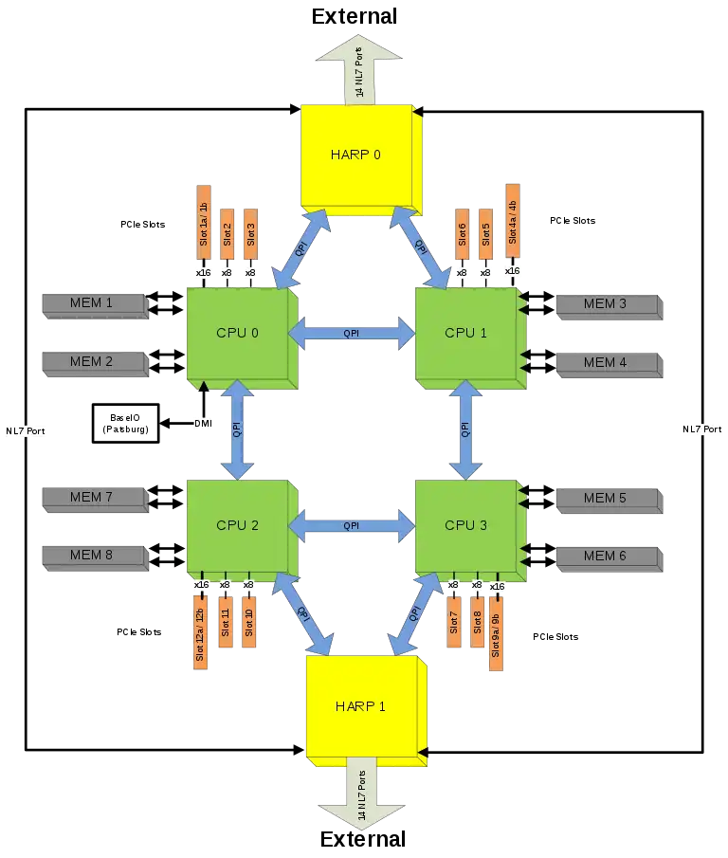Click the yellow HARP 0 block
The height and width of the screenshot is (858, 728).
357,155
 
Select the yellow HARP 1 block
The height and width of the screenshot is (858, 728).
361,707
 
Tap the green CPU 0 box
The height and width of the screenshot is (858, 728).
238,334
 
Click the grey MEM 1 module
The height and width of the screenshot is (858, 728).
92,303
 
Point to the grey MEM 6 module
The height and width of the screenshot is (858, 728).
605,556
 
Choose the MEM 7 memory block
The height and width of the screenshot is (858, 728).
92,497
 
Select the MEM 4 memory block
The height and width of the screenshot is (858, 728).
605,362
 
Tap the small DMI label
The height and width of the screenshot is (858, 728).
202,423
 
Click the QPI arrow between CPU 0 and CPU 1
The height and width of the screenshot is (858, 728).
351,333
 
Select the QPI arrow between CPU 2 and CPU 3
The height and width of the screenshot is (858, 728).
351,525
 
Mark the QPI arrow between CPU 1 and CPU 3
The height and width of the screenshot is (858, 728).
465,429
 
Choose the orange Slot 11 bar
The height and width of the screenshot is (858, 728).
226,622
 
